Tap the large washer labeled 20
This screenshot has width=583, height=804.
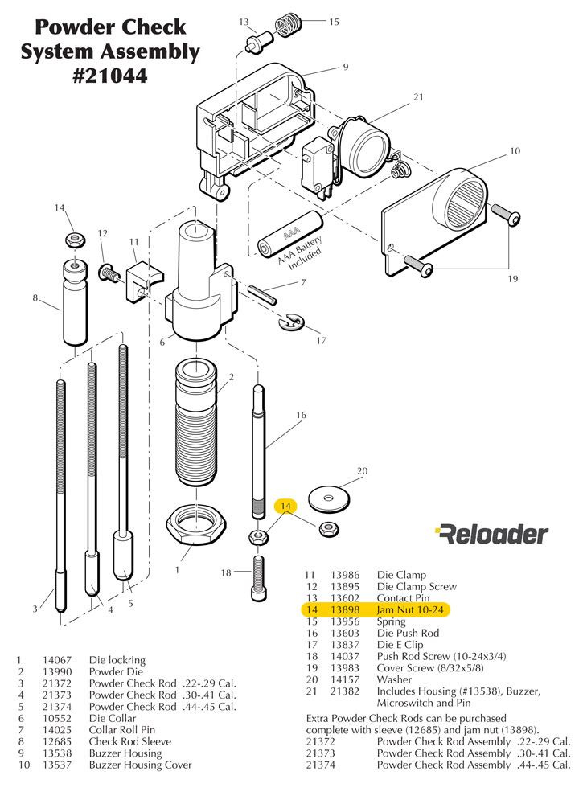(x=327, y=497)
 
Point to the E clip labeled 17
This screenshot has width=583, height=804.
(x=290, y=323)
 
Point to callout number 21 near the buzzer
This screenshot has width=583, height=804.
(x=418, y=97)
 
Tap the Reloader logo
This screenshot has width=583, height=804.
(x=491, y=534)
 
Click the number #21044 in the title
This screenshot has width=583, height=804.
(x=109, y=78)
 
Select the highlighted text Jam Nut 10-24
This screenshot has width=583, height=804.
(x=410, y=610)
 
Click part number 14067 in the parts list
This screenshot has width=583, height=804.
(x=56, y=659)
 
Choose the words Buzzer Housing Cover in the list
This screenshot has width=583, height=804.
(x=140, y=765)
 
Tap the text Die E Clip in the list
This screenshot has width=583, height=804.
(x=400, y=645)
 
